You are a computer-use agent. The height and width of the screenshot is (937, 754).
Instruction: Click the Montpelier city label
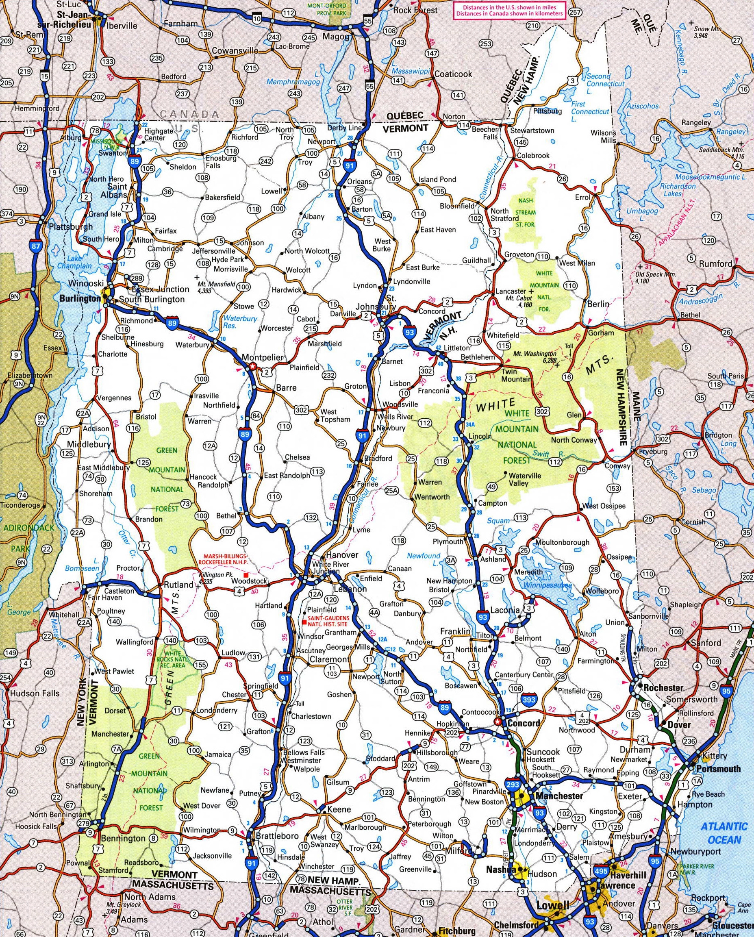262,357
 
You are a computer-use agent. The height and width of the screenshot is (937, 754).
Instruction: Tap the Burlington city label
80,299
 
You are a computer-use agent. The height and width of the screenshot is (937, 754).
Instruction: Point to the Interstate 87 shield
35,246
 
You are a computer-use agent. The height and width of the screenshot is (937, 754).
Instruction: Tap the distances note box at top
509,11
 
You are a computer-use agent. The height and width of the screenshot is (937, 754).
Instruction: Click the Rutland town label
178,585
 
